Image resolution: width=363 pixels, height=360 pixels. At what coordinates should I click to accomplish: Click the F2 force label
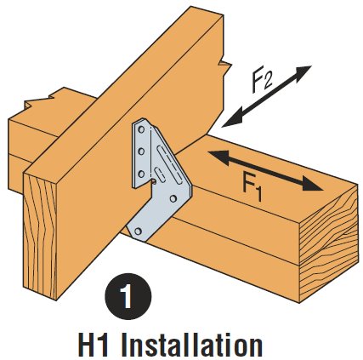262,82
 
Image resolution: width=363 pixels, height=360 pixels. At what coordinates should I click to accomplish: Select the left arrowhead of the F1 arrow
218,157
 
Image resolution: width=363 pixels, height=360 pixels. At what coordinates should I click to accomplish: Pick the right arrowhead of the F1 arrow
312,184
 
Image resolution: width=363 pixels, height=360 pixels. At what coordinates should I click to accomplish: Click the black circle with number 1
128,296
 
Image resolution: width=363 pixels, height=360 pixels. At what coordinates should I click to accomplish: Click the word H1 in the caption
93,346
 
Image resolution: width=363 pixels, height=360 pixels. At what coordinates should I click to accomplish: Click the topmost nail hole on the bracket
141,131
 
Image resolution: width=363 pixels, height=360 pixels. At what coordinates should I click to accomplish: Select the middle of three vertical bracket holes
141,152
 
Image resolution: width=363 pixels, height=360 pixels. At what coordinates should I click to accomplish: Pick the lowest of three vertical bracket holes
141,174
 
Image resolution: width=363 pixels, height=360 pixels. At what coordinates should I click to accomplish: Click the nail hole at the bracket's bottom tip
138,231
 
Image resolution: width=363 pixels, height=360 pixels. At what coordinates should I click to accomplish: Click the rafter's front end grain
40,237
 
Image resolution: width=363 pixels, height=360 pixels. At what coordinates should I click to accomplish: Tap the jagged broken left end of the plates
40,100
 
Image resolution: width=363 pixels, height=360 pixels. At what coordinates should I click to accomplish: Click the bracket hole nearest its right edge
173,198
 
